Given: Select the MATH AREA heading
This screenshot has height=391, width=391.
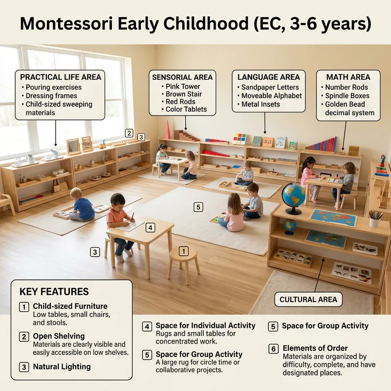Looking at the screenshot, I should (348, 77).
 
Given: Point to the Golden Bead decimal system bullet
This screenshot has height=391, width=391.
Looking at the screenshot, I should (349, 109).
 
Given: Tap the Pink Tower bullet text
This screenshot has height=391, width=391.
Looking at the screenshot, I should (183, 87).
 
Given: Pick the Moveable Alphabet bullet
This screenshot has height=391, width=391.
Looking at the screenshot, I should (271, 96).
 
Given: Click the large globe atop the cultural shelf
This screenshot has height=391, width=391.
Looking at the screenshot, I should (294, 196).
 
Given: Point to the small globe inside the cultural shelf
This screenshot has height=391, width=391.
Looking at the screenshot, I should (290, 226).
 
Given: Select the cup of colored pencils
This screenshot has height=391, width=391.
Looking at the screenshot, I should (375, 218).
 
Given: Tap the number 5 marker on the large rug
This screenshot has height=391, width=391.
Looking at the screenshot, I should (198, 207).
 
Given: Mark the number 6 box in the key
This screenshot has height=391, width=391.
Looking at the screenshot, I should (274, 348).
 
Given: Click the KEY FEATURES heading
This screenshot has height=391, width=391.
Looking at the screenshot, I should (54, 292).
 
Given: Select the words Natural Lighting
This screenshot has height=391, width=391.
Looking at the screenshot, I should (62, 367).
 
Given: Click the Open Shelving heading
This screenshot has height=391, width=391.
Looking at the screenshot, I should (59, 336).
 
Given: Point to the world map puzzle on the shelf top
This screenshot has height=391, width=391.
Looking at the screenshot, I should (333, 217).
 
